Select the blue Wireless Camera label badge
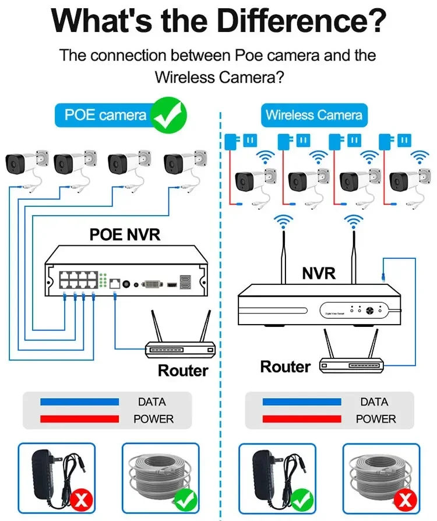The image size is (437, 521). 313,115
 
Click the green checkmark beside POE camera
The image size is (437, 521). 169,114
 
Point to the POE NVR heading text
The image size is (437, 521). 125,234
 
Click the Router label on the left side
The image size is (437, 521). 183,371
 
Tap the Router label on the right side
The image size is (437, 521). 286,367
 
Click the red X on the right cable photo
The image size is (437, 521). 406,498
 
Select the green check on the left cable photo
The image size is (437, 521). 186,498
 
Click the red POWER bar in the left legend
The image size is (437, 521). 79,419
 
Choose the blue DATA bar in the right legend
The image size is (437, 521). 302,402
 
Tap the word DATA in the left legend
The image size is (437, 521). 152,402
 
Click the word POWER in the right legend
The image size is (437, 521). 376,419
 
